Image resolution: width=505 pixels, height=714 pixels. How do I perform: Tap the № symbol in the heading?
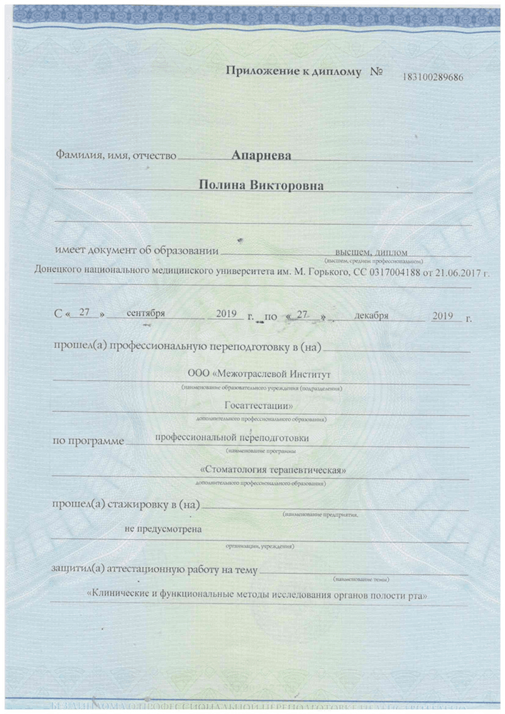[x=377, y=73]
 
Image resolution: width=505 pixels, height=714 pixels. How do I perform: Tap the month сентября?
[x=146, y=313]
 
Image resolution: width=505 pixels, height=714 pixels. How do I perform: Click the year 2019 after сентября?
[x=225, y=313]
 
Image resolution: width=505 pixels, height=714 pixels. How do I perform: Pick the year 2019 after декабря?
[x=447, y=313]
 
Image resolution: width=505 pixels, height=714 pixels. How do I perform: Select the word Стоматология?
[x=240, y=470]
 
